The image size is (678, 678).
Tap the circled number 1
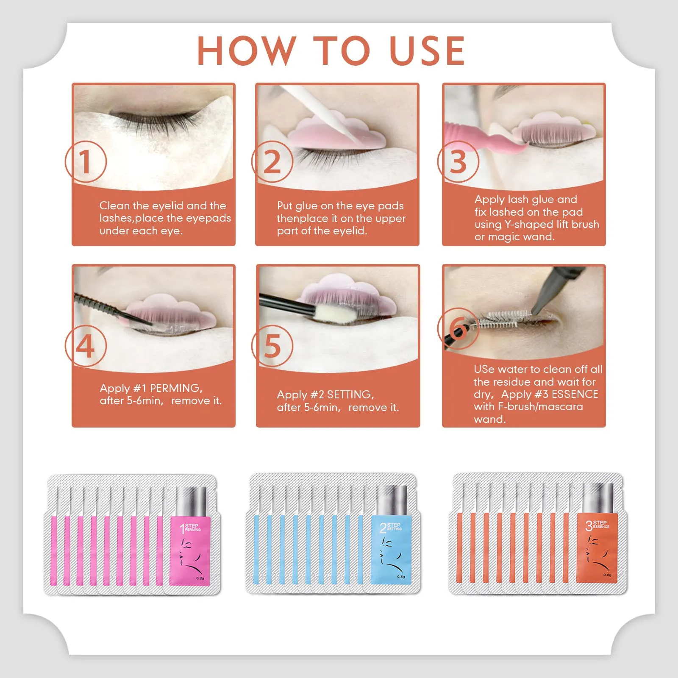click(86, 162)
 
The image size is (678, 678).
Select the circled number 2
click(272, 162)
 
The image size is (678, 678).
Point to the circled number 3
click(458, 162)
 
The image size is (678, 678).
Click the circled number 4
click(86, 346)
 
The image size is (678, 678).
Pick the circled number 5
click(272, 346)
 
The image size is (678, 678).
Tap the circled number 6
click(458, 328)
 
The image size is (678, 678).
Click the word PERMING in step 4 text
click(176, 388)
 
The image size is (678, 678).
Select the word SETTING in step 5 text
click(350, 395)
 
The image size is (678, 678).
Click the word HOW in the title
click(246, 51)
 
